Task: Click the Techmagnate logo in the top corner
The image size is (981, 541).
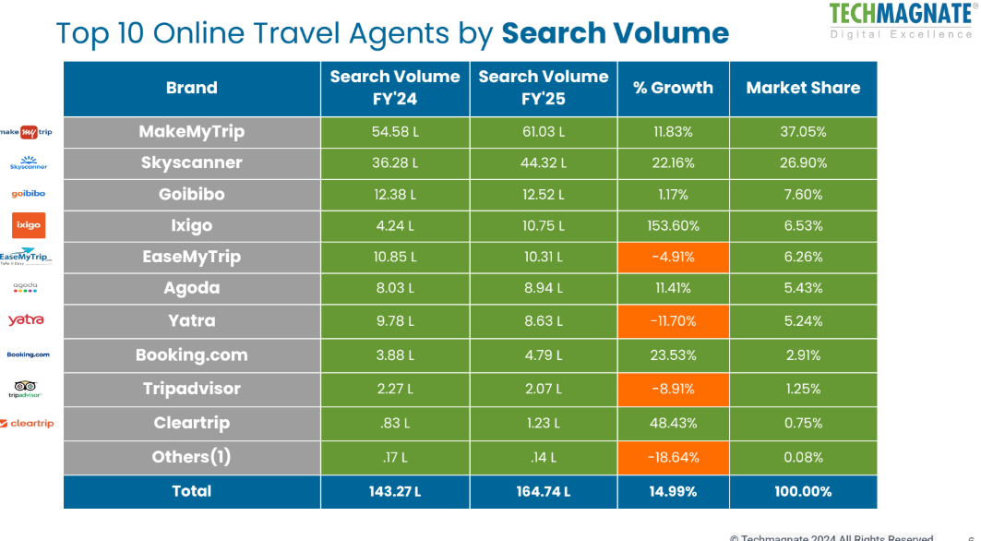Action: click(900, 20)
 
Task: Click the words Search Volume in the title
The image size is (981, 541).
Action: click(615, 33)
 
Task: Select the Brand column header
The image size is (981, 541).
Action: click(192, 89)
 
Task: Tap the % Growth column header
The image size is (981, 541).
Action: click(673, 89)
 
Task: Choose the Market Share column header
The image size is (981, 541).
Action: click(803, 89)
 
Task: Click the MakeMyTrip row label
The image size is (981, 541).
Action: click(192, 132)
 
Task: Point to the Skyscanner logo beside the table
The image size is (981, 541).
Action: click(28, 163)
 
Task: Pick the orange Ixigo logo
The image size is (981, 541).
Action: click(28, 225)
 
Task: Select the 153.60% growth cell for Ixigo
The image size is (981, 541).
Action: click(673, 225)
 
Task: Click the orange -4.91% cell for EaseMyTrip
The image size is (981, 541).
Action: click(673, 257)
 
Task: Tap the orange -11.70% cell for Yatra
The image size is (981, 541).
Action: click(673, 321)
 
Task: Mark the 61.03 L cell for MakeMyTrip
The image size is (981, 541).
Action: click(544, 132)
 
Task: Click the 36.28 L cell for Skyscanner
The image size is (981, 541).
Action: click(395, 163)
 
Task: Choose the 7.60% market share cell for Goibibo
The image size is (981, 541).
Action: click(803, 195)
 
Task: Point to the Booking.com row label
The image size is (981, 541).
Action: click(192, 355)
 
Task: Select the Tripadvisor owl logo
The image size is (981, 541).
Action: click(26, 388)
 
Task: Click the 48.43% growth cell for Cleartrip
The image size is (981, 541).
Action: click(673, 423)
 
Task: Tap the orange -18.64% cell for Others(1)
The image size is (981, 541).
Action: click(673, 457)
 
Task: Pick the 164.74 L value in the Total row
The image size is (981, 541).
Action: click(544, 492)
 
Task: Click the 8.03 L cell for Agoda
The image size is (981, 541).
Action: click(395, 288)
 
